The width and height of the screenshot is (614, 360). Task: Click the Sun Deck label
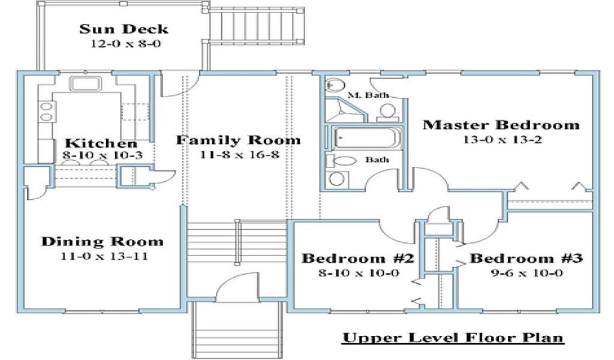pyautogui.click(x=124, y=29)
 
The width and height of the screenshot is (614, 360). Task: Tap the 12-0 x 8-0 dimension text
pyautogui.click(x=126, y=43)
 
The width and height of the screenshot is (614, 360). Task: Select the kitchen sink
pyautogui.click(x=85, y=84)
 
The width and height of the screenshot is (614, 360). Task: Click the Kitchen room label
pyautogui.click(x=101, y=143)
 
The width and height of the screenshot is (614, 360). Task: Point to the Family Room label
pyautogui.click(x=238, y=140)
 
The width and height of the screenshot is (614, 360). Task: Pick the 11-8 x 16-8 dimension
pyautogui.click(x=240, y=155)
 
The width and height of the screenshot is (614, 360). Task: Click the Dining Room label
pyautogui.click(x=102, y=241)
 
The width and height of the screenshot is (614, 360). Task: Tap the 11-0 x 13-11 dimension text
pyautogui.click(x=104, y=256)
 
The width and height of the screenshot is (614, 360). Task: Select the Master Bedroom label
pyautogui.click(x=501, y=125)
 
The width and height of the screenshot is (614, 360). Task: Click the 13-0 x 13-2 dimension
pyautogui.click(x=502, y=140)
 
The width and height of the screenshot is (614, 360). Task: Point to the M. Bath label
pyautogui.click(x=368, y=95)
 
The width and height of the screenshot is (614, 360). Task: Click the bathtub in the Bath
pyautogui.click(x=368, y=137)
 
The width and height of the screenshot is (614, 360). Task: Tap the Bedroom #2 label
pyautogui.click(x=357, y=259)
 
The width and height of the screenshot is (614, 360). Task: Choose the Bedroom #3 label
pyautogui.click(x=526, y=259)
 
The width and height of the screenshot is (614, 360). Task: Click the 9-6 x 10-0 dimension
pyautogui.click(x=527, y=273)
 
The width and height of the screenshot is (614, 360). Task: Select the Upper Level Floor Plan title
pyautogui.click(x=453, y=338)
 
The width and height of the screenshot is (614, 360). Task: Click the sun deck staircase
pyautogui.click(x=256, y=25)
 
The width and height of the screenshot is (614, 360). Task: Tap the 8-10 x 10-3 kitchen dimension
pyautogui.click(x=103, y=155)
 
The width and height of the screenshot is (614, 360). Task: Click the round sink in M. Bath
pyautogui.click(x=335, y=84)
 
